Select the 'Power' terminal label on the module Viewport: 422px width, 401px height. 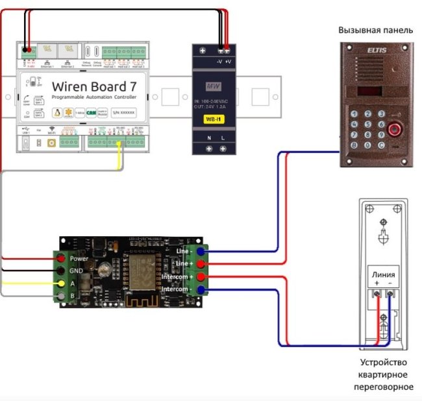[79, 258]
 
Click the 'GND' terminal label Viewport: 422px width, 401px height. [76, 271]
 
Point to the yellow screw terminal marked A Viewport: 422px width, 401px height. [60, 284]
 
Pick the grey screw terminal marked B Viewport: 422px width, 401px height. [60, 296]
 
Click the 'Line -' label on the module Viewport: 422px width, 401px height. [184, 250]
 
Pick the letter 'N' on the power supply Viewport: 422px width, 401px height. [208, 138]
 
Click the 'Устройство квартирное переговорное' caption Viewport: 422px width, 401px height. [387, 375]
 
